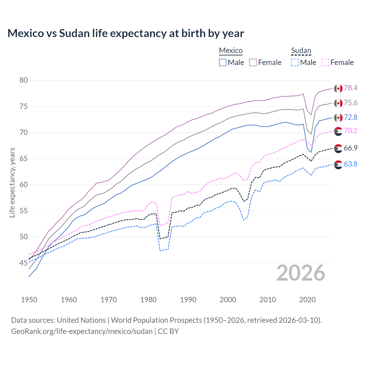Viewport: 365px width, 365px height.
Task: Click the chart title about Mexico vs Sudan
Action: coord(125,33)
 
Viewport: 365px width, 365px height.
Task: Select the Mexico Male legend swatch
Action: coord(223,62)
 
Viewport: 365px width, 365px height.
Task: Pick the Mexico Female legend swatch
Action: coord(253,62)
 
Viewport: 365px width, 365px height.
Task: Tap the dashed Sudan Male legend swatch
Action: coord(295,62)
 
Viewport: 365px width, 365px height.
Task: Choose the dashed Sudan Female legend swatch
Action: coord(325,62)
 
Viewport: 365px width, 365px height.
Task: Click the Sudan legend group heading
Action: coord(301,51)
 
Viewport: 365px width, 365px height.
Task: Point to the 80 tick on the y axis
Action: coord(24,80)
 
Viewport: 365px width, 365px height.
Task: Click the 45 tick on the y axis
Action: coord(24,263)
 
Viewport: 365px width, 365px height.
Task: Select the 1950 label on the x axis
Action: coord(29,300)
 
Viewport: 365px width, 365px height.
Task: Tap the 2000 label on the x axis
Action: coord(228,300)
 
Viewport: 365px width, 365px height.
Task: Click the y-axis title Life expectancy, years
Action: coord(12,182)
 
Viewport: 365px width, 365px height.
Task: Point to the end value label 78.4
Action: coord(350,88)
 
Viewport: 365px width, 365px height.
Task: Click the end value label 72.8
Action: coord(350,117)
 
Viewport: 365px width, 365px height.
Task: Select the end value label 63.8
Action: coord(350,164)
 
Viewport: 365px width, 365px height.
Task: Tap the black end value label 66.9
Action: coord(350,148)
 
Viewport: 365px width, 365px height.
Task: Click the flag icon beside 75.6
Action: coord(338,103)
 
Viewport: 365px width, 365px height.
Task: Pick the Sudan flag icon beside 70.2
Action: coord(338,131)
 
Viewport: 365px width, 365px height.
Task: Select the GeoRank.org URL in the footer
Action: coord(82,331)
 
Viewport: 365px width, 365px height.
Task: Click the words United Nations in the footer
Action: coord(81,320)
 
